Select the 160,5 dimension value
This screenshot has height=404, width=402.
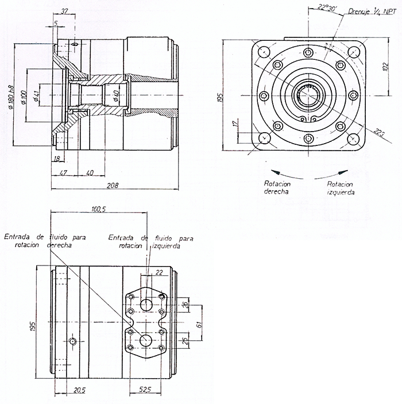[98, 209]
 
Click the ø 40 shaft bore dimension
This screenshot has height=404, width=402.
[115, 95]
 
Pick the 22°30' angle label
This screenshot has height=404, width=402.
[326, 7]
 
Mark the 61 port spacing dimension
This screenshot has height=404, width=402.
[198, 325]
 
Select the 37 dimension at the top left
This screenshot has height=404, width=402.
[64, 10]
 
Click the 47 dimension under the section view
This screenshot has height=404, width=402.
[64, 172]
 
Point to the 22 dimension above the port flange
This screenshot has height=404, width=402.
[159, 272]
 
